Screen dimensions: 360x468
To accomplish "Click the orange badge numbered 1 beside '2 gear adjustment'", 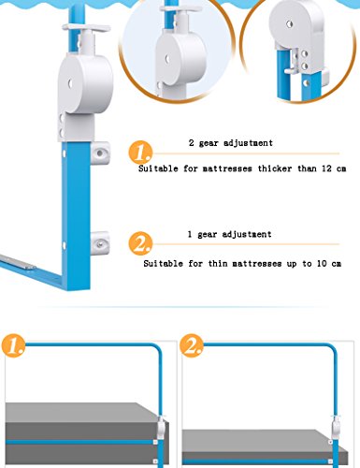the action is click(x=140, y=153).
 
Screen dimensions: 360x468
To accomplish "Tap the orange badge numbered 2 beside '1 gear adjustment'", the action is click(x=140, y=243).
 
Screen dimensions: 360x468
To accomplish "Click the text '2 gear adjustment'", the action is click(x=231, y=143).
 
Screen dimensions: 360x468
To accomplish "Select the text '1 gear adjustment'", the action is click(x=229, y=234).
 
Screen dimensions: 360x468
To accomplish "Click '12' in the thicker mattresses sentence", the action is click(x=326, y=168).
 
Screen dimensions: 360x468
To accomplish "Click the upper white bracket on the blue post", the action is click(x=100, y=153).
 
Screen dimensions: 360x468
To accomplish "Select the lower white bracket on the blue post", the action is click(x=100, y=243).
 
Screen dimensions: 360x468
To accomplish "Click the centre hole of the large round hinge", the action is click(x=70, y=83).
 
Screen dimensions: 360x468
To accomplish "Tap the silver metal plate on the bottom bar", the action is click(x=18, y=262).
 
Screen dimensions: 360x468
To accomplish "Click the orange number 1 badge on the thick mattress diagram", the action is click(x=13, y=345).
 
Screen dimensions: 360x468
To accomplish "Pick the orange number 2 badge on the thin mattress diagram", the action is click(x=192, y=345).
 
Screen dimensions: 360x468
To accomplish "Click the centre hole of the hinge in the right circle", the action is click(x=290, y=23).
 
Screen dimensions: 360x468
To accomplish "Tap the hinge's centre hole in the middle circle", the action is click(x=167, y=58).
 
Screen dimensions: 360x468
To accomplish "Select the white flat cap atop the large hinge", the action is click(x=86, y=27).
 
